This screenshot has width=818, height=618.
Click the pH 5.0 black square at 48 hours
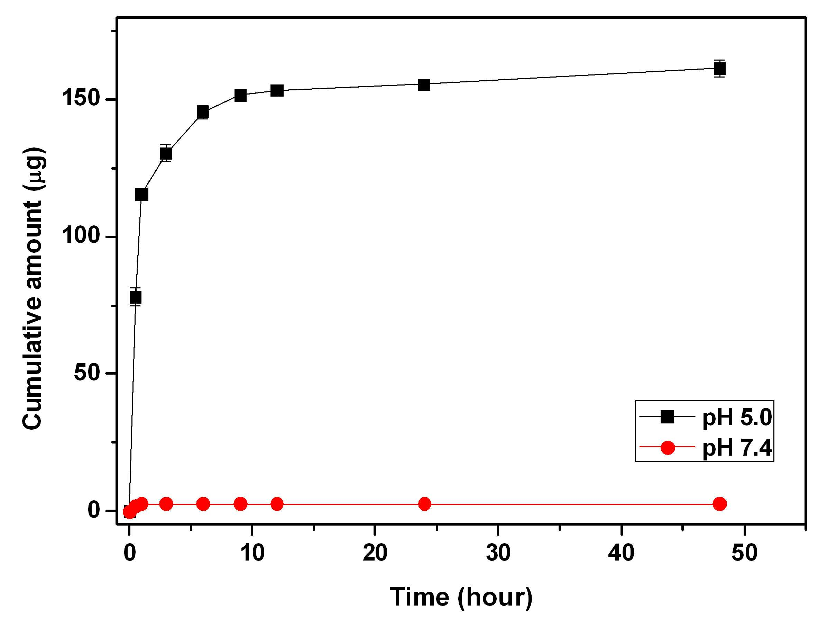point(719,69)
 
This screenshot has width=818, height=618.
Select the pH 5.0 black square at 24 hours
point(424,84)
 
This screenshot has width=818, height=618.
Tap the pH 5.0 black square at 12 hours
point(277,90)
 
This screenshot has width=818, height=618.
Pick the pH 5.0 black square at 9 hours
point(240,96)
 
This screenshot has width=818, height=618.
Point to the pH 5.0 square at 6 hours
point(203,111)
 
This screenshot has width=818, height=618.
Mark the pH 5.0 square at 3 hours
point(166,153)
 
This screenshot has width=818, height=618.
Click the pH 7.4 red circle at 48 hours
point(720,504)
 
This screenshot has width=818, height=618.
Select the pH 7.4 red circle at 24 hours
point(424,504)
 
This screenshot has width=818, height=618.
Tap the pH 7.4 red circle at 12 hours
point(277,504)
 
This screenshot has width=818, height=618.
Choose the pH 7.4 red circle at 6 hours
point(203,504)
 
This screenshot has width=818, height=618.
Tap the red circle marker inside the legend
point(668,447)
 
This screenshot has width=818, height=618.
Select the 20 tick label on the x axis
point(375,553)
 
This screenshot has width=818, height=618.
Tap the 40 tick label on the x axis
point(621,553)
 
